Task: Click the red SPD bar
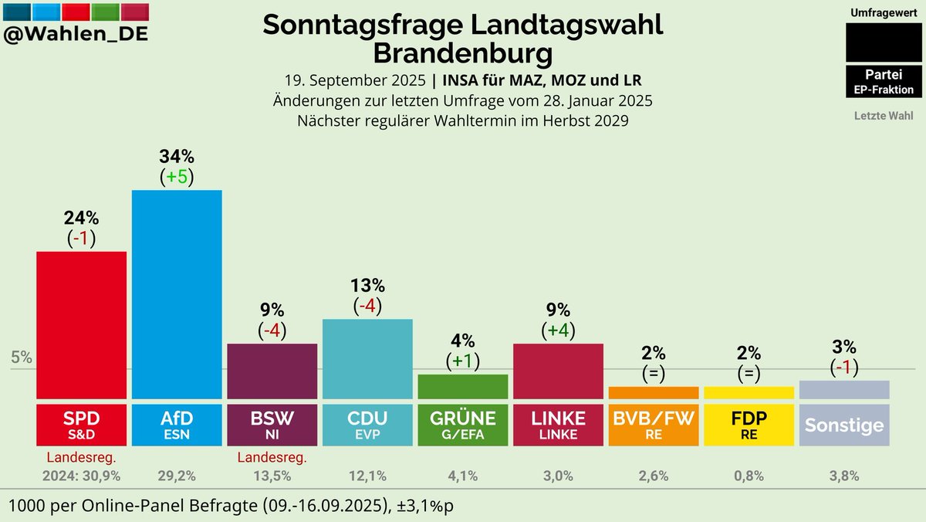pos(82,324)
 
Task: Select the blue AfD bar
pos(177,293)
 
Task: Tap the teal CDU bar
pos(367,358)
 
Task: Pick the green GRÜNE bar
pos(463,386)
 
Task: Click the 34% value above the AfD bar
pos(177,157)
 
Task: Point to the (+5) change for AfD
pos(177,177)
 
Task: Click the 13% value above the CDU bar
pos(367,286)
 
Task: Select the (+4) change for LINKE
pos(558,330)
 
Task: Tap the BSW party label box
pos(272,425)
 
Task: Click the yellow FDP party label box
pos(749,425)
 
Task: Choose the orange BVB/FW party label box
pos(654,425)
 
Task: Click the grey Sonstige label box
pos(844,425)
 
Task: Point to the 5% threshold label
pos(21,358)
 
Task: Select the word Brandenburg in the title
pos(462,54)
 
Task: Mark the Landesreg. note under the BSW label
pos(272,458)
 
